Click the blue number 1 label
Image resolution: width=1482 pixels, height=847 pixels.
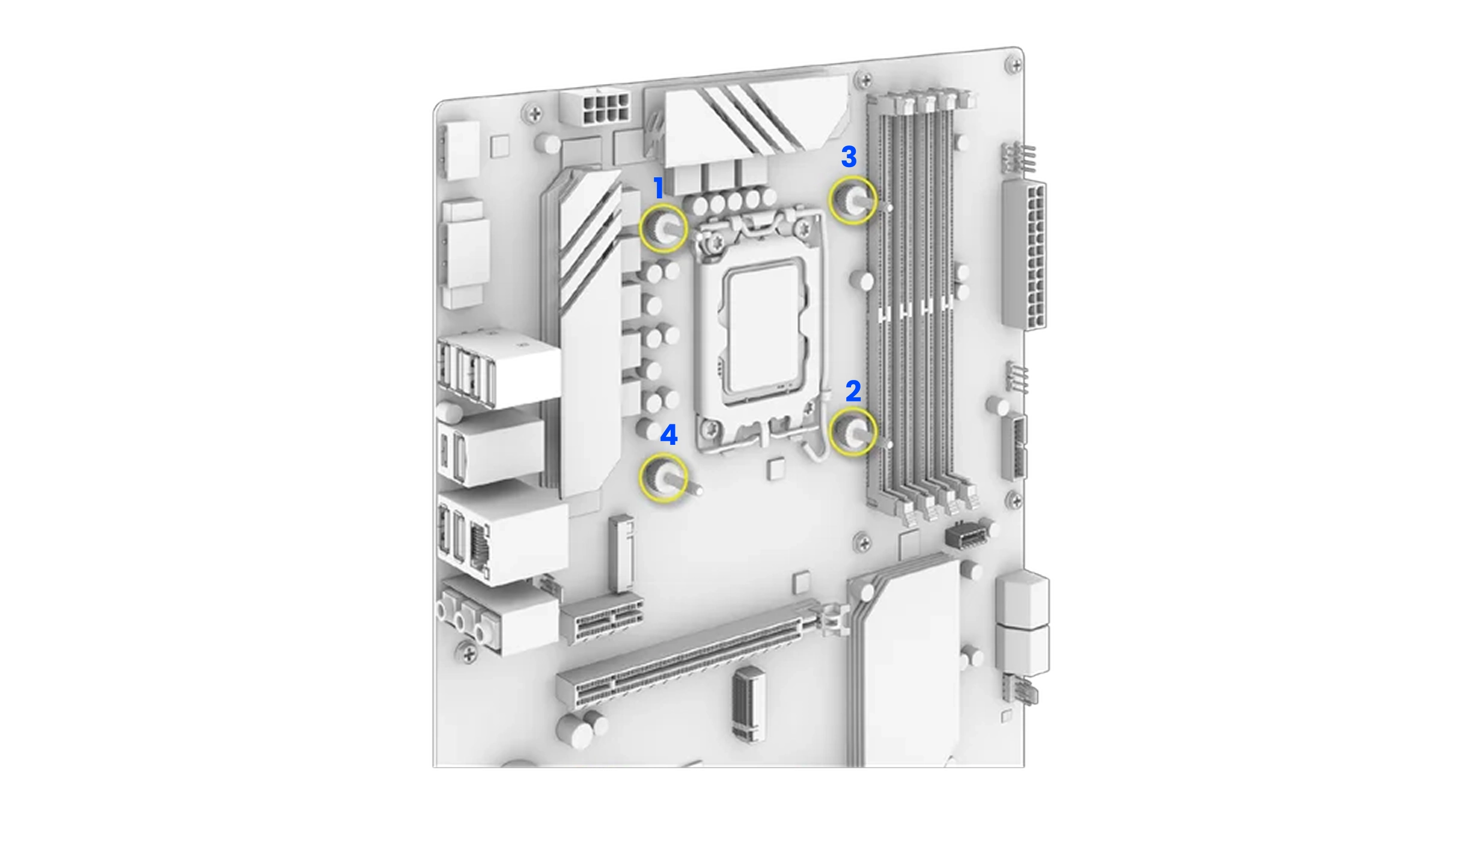659,188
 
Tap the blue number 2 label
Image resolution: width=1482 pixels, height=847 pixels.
853,391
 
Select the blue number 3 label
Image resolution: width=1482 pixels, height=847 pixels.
849,156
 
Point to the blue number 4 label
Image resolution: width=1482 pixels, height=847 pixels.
669,435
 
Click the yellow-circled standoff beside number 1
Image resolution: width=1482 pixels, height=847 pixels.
663,228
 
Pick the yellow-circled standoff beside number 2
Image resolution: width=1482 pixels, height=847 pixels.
853,431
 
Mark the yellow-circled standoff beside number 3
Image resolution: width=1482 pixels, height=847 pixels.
853,200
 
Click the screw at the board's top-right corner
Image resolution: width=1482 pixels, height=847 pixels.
1014,65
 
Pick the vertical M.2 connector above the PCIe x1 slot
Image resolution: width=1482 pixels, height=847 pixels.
621,552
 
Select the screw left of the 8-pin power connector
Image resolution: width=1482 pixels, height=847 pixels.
534,112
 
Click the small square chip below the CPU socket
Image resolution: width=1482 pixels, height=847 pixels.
776,469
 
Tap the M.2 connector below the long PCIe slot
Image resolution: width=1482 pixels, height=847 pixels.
749,704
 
